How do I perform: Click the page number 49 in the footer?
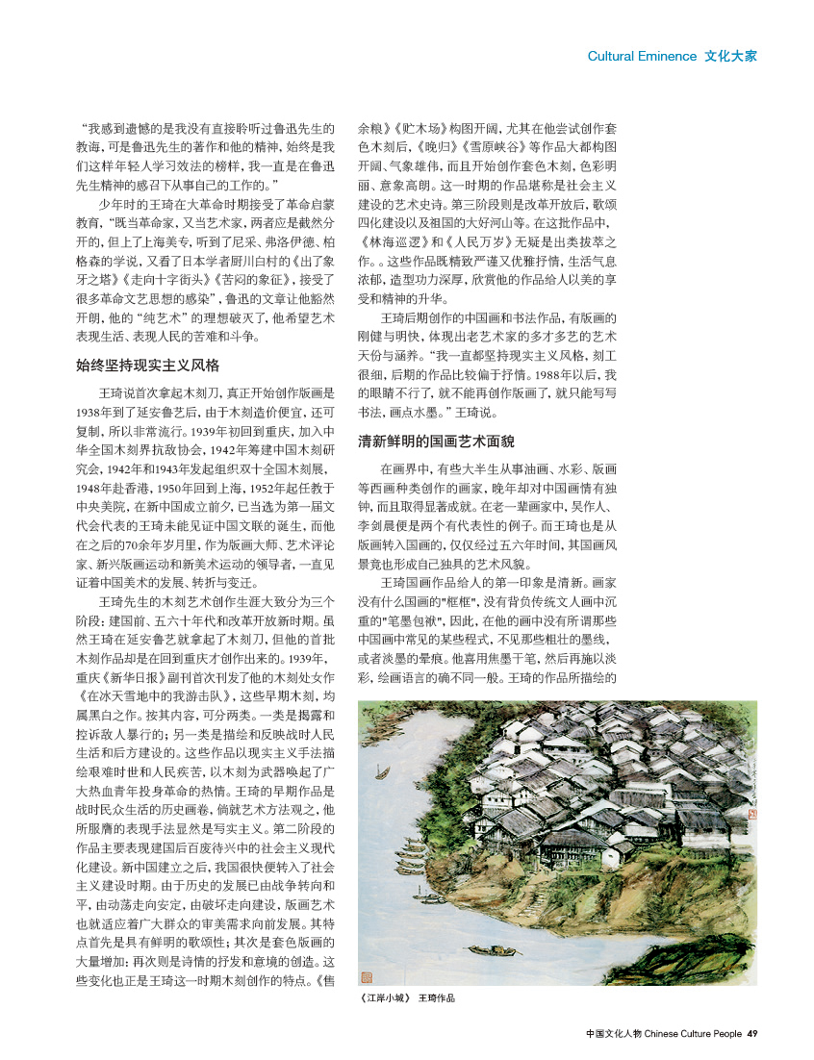coord(752,1034)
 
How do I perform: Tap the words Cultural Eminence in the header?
coord(642,56)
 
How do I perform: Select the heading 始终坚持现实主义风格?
coord(147,366)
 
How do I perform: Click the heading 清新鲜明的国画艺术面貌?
coord(436,442)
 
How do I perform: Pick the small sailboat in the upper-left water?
coord(382,772)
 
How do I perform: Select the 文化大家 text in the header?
coord(730,56)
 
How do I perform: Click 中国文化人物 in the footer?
coord(613,1034)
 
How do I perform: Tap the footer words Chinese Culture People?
coord(693,1034)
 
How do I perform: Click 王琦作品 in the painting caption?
coord(436,997)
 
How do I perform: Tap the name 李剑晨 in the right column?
coord(382,546)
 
